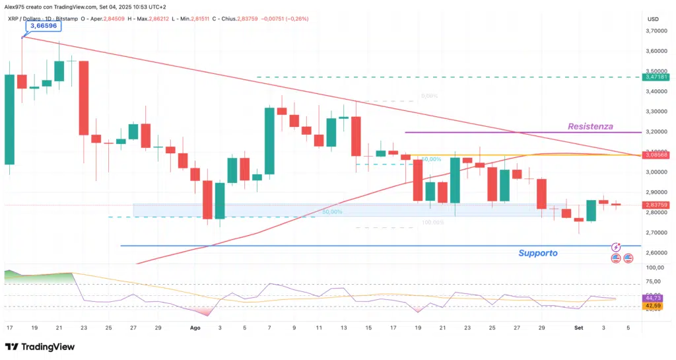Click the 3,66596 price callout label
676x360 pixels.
click(x=44, y=26)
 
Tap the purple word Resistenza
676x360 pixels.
click(x=590, y=126)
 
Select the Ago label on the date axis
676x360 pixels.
click(x=195, y=327)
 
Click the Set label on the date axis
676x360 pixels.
click(x=578, y=327)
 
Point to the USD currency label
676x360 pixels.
click(x=653, y=18)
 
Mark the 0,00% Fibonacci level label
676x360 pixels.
click(x=429, y=96)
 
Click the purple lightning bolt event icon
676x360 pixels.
click(x=616, y=246)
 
